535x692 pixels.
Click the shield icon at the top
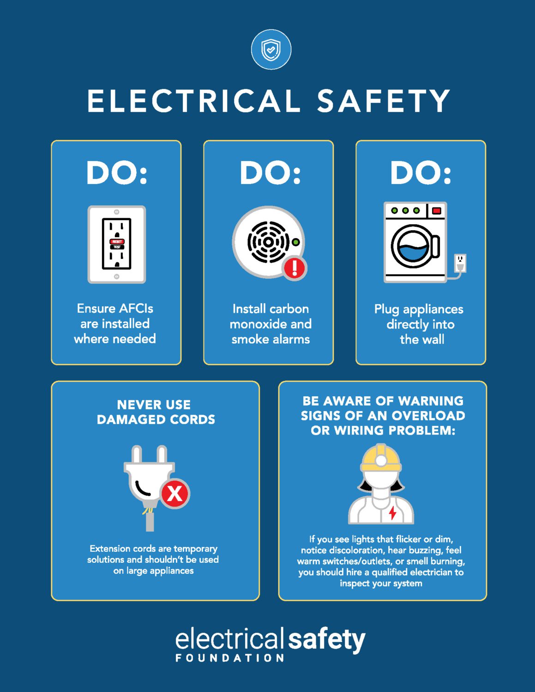point(271,50)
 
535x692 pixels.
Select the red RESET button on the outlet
point(117,241)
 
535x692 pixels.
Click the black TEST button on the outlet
point(117,247)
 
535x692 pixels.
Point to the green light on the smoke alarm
point(296,242)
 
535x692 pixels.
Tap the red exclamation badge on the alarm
point(295,268)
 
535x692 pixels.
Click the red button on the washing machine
point(436,210)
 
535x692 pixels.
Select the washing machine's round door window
point(413,246)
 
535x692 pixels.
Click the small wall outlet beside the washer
point(460,262)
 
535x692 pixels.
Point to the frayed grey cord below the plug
point(150,519)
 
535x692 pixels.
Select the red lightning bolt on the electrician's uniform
point(392,513)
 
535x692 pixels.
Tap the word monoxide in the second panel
point(258,324)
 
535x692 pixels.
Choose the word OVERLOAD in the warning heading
point(428,416)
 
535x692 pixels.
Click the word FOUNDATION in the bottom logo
point(230,658)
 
